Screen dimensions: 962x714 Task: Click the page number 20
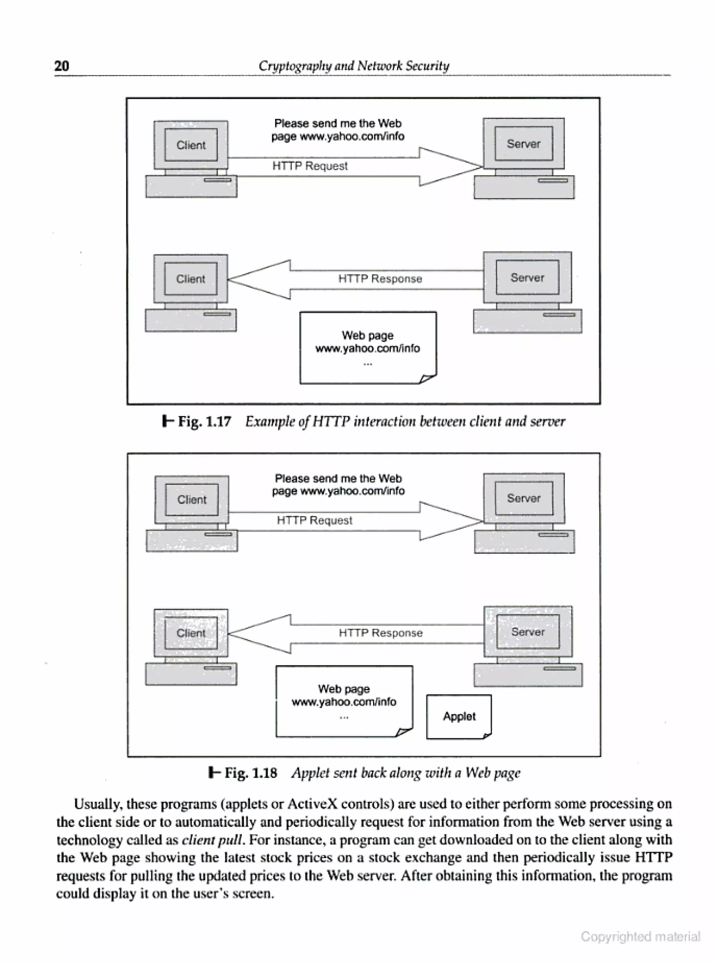61,66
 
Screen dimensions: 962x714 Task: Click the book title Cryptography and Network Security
354,66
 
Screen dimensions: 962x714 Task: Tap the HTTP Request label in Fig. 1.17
310,166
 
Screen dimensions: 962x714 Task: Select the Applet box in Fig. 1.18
459,716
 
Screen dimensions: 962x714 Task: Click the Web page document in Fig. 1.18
344,701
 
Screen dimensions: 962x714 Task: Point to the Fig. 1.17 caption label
204,421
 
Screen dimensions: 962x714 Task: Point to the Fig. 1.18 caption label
250,773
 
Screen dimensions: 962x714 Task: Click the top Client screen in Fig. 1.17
191,145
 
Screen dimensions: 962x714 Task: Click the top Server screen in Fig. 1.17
523,144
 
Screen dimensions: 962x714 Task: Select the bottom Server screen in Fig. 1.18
528,632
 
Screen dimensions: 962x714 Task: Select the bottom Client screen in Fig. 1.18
191,633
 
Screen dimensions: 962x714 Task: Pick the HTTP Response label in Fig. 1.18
380,633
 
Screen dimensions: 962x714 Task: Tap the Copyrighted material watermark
640,937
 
